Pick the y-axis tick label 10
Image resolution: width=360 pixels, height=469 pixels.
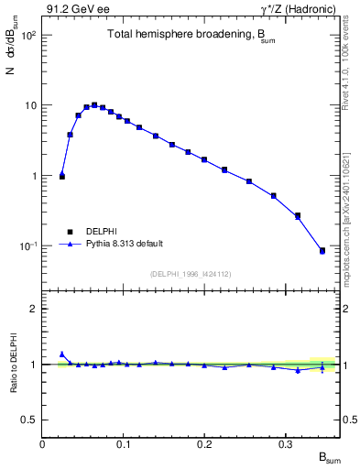(x=29, y=105)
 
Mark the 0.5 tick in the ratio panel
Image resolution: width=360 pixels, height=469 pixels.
(x=29, y=420)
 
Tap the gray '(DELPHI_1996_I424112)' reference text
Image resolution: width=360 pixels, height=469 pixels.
(x=191, y=273)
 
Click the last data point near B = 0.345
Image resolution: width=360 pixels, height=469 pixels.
(x=322, y=250)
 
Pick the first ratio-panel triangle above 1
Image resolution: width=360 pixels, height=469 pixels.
(x=62, y=354)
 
